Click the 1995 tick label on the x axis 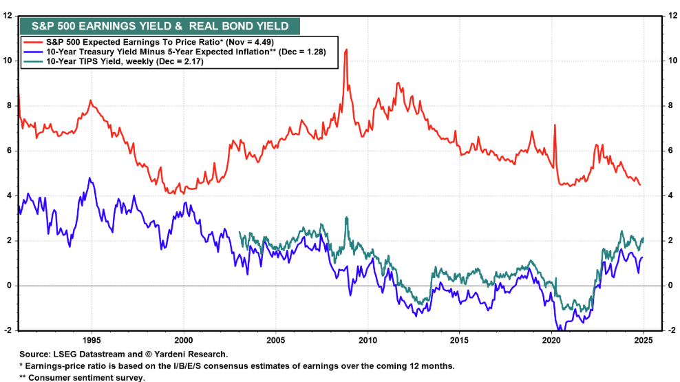(92, 339)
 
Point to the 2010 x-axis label (368, 339)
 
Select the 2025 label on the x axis (644, 339)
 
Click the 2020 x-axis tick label (551, 339)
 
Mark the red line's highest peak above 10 (346, 50)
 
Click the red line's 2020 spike (555, 125)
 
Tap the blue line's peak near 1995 (89, 178)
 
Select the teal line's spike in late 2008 (346, 217)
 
